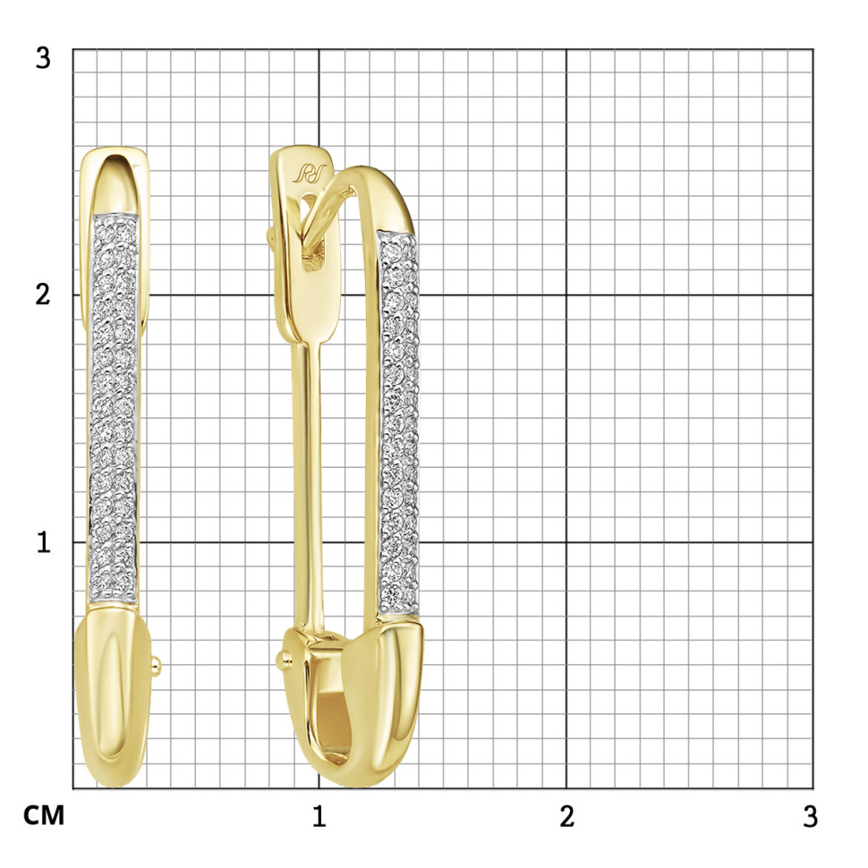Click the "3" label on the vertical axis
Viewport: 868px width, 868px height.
(43, 57)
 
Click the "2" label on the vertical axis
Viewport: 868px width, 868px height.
(43, 294)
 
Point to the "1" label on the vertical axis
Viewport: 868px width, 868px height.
(43, 542)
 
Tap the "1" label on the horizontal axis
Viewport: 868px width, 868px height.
(319, 816)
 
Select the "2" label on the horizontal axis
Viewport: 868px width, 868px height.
(566, 816)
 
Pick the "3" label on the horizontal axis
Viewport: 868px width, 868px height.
(810, 816)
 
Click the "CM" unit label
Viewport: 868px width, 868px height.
(44, 815)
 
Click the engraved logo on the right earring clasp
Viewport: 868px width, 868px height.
(309, 174)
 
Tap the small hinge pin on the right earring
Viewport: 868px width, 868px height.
(283, 659)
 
